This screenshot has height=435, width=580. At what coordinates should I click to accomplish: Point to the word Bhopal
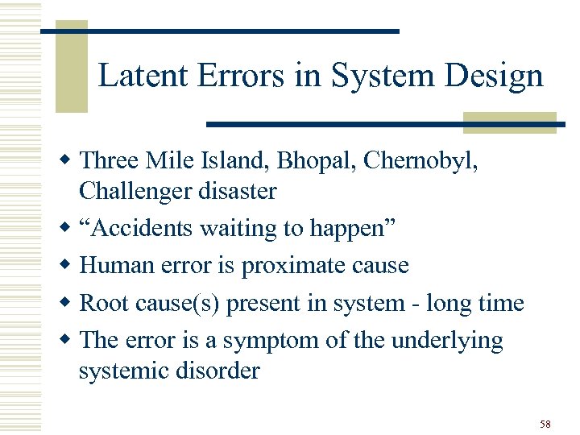coord(314,160)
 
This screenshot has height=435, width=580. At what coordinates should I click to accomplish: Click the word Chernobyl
coord(420,160)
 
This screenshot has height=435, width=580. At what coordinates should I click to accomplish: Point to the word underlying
coord(446,340)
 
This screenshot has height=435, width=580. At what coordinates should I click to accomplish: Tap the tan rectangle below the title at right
coord(509,122)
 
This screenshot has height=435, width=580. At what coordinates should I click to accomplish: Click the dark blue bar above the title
coord(219,31)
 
